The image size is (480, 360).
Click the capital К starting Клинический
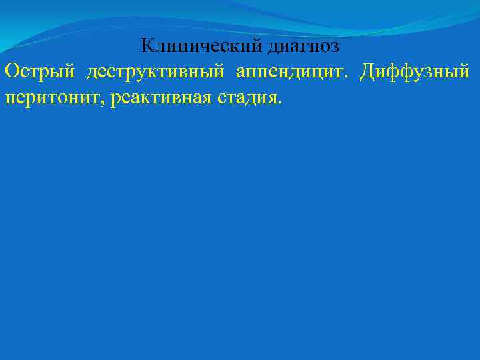coord(147,47)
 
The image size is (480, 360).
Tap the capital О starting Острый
coord(11,71)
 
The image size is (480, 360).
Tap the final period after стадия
coord(281,103)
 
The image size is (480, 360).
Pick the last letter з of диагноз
coord(335,49)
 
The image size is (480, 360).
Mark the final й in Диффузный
coord(465,71)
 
